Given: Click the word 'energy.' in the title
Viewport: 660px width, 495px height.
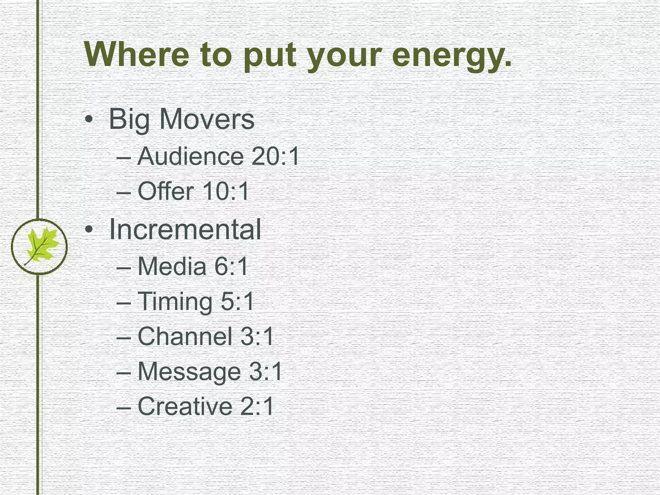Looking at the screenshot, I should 451,55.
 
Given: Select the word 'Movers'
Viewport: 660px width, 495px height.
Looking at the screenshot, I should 207,119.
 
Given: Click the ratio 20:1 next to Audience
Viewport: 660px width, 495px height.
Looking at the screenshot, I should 276,156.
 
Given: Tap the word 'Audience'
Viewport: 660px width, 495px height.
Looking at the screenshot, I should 190,156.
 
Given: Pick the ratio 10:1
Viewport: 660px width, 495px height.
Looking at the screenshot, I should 226,191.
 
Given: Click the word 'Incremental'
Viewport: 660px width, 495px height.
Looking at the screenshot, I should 185,229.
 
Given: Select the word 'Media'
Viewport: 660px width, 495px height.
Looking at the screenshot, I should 172,267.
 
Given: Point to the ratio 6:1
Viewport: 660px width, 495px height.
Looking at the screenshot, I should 231,267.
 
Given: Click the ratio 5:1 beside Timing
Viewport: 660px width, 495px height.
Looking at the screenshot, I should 238,302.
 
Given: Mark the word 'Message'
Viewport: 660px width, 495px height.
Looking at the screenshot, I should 189,372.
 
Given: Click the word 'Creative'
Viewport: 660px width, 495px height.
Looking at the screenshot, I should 185,406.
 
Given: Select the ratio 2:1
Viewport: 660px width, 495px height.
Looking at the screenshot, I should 257,406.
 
